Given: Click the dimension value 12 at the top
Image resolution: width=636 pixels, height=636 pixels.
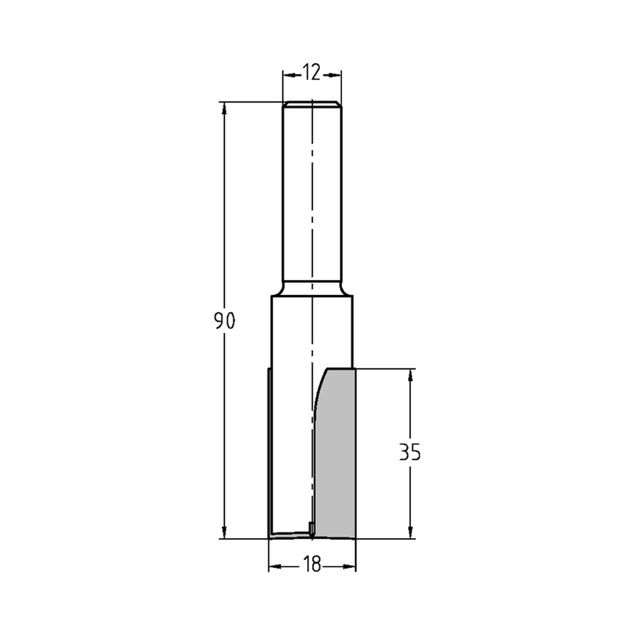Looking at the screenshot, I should pyautogui.click(x=312, y=74).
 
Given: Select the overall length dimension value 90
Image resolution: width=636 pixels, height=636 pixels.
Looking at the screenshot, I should pyautogui.click(x=225, y=321).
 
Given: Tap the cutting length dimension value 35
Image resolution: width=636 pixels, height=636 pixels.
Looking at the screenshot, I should pyautogui.click(x=410, y=453).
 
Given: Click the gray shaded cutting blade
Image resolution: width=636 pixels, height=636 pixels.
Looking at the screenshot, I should pyautogui.click(x=337, y=458).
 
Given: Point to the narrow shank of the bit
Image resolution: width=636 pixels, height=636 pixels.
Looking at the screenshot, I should pyautogui.click(x=312, y=191).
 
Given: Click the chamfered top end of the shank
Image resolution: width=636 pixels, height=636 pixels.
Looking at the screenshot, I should pyautogui.click(x=312, y=104).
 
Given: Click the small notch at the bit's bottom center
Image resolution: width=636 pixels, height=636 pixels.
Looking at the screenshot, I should pyautogui.click(x=311, y=527).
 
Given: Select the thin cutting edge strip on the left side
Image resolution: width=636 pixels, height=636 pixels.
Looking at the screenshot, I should pyautogui.click(x=270, y=452).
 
